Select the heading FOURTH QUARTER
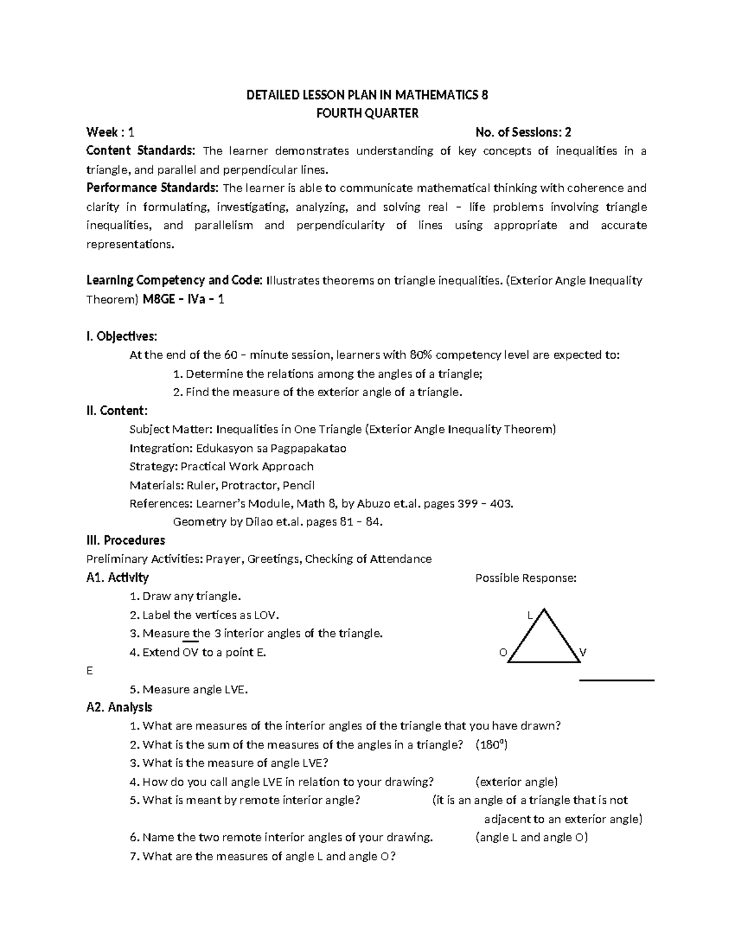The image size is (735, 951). coord(367,113)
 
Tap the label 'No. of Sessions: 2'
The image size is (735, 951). coord(523,132)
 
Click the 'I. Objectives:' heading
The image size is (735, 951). coord(122,336)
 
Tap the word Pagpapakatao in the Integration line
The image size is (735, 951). coord(308,448)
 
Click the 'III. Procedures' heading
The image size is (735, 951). coord(126,541)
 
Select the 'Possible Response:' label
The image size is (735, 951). coord(526,578)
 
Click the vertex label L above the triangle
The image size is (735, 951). coord(530,615)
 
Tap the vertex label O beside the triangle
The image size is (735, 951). coord(503,653)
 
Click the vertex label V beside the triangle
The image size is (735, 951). coord(583,653)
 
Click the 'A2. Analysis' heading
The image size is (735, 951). coord(119,707)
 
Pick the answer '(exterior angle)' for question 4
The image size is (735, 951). coord(516,782)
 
